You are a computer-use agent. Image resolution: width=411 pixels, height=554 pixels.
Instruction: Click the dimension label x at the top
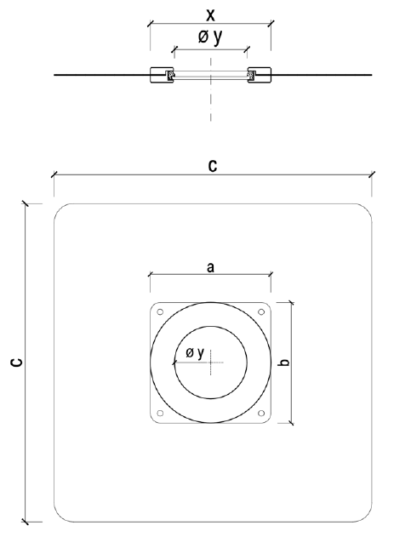click(x=211, y=15)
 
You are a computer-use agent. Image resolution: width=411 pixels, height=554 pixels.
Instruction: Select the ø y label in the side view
click(x=210, y=37)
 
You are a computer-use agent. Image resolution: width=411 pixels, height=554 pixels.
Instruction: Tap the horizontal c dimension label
click(x=213, y=165)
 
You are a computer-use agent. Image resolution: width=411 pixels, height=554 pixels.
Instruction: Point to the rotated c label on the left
click(x=17, y=363)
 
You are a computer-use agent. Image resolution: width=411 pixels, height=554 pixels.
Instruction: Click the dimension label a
click(x=211, y=267)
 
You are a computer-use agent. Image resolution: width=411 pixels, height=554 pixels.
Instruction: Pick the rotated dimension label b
click(x=283, y=362)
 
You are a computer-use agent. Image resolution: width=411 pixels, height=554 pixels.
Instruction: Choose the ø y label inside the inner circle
click(x=195, y=352)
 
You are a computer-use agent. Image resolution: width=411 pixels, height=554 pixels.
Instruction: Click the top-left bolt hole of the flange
click(x=160, y=312)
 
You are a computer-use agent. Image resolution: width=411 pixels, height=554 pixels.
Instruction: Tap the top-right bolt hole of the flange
click(x=261, y=312)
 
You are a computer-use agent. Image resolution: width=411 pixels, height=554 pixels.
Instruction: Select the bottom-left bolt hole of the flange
click(x=160, y=413)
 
